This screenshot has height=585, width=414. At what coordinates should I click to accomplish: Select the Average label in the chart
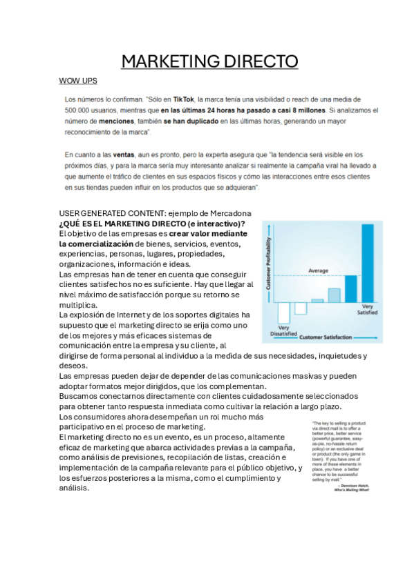click(x=318, y=270)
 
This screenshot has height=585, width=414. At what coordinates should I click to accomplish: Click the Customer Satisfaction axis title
click(x=326, y=337)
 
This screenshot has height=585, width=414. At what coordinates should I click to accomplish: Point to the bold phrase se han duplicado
click(x=191, y=121)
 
